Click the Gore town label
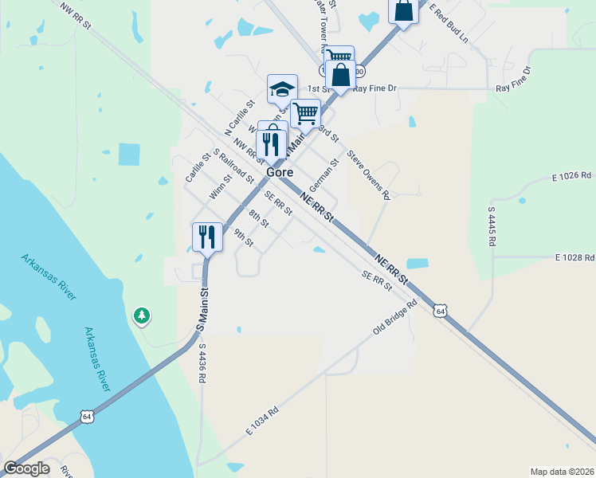(279, 172)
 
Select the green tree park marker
(142, 315)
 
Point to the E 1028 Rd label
(574, 258)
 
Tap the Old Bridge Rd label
(395, 317)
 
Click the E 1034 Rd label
(262, 420)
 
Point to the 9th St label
(243, 237)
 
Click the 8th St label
(258, 217)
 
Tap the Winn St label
(220, 190)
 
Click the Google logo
(26, 468)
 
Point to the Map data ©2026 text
(562, 471)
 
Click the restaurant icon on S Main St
(206, 237)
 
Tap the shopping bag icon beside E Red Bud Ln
(403, 11)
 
